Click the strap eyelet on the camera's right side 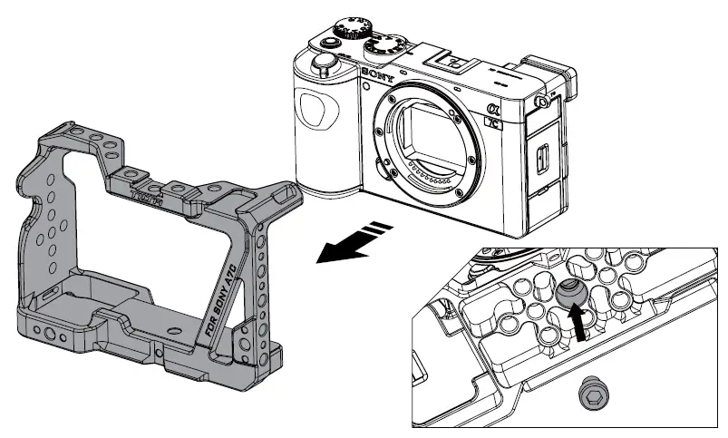(x=545, y=101)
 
